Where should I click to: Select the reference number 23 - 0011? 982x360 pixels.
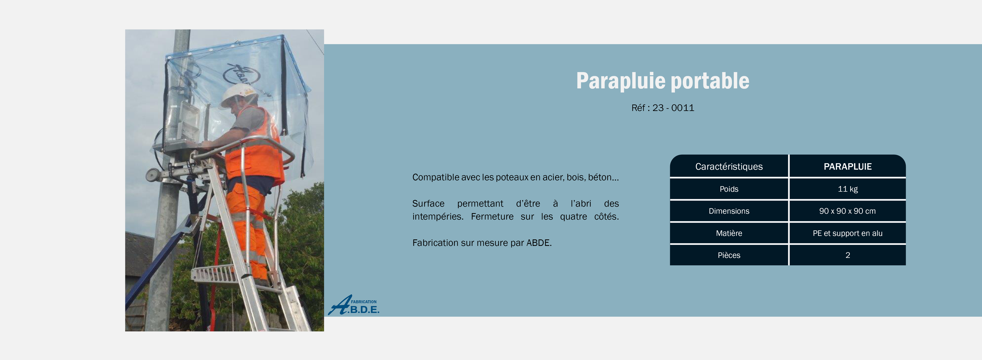coord(673,108)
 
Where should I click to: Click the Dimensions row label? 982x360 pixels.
coord(729,211)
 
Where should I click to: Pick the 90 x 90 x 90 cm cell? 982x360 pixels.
coord(847,211)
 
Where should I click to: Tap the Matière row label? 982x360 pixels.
coord(729,233)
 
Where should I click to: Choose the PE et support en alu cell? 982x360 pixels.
coord(847,233)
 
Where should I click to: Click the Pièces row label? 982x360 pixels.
coord(729,255)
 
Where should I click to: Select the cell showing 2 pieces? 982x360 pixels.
coord(847,255)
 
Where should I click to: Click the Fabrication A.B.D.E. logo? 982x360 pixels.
coord(353,305)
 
